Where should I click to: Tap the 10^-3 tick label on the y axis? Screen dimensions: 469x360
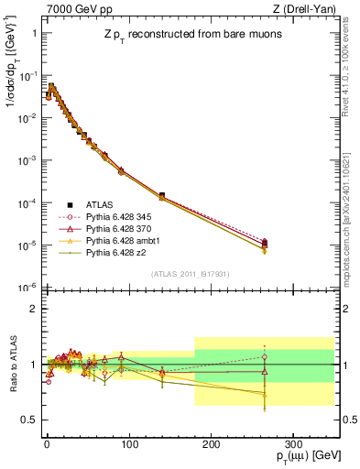(27, 159)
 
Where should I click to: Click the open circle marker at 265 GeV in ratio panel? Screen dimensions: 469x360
(265, 357)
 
